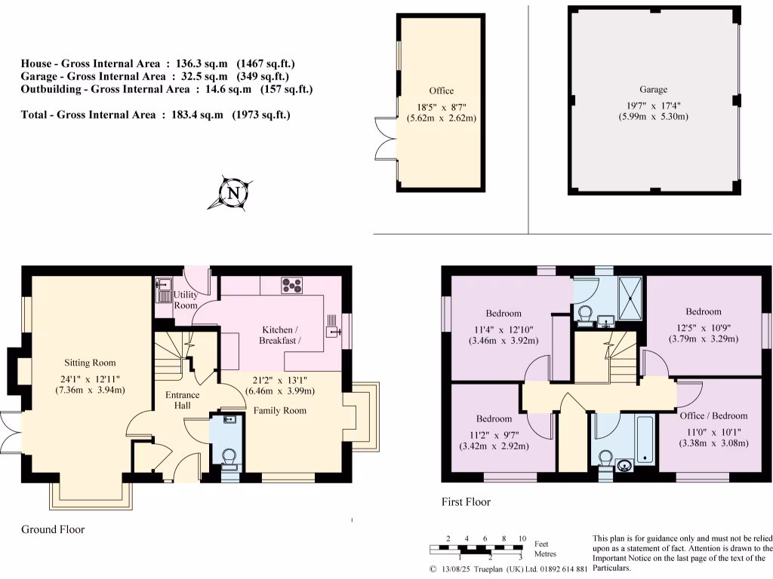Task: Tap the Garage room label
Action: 653,89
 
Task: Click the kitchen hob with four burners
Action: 291,286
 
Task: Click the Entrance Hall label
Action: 183,400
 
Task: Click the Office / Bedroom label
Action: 713,415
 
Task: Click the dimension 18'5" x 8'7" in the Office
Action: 441,106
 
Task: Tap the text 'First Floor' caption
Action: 466,501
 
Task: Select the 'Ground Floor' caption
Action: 53,529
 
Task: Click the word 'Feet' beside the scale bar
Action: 540,544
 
